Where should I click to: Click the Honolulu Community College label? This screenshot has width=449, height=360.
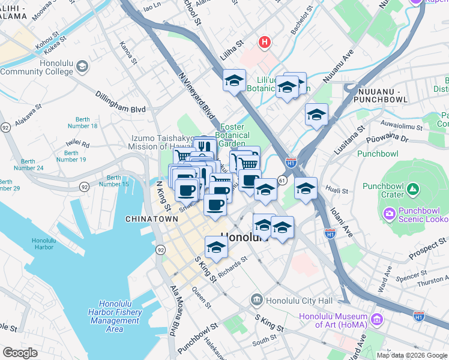click(x=35, y=67)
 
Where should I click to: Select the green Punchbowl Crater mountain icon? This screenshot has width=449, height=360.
click(x=412, y=190)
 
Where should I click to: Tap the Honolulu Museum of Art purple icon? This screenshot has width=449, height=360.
click(x=377, y=317)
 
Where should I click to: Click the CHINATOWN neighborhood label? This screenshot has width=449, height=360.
click(x=152, y=220)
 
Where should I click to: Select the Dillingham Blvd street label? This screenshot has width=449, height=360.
click(x=121, y=101)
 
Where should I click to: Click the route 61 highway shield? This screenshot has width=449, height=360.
click(x=282, y=180)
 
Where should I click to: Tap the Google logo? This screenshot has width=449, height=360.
click(x=20, y=353)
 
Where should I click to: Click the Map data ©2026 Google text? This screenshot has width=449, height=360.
click(x=411, y=355)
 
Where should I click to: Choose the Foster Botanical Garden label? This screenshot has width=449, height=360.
click(x=232, y=135)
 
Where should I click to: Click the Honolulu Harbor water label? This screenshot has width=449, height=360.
click(x=43, y=244)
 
